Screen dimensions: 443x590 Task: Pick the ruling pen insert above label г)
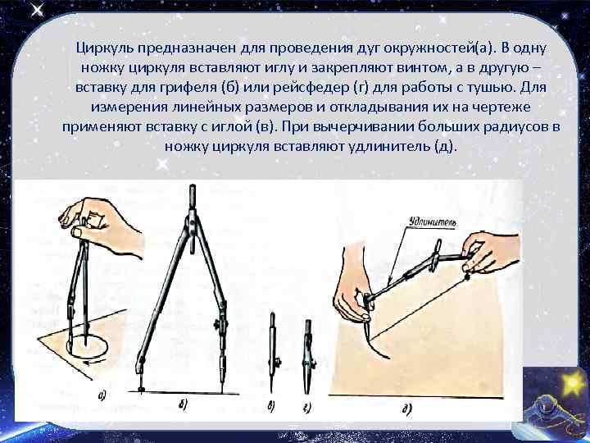point(308,353)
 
